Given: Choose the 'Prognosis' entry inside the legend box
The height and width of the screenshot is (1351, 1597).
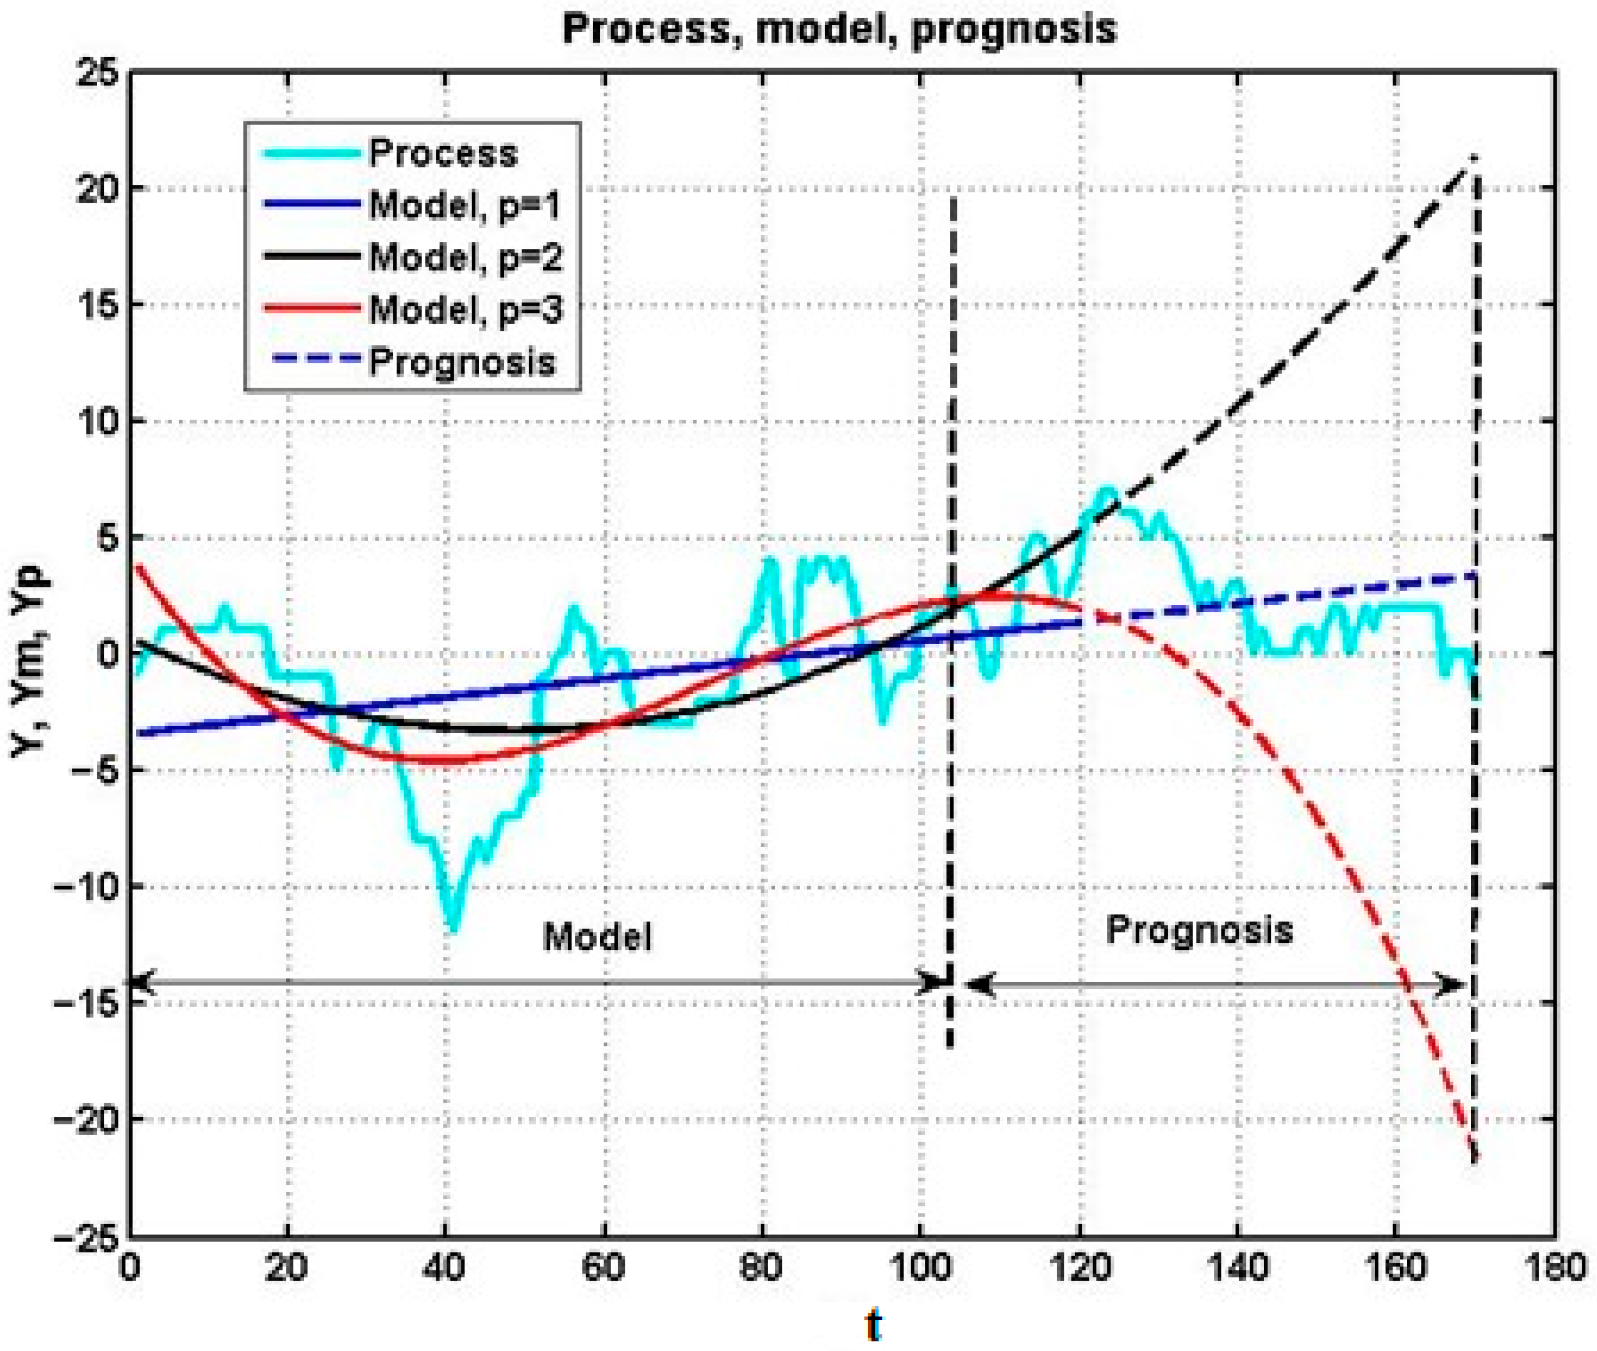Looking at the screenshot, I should (462, 361).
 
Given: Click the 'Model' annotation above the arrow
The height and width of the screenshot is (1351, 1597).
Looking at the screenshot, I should (597, 936).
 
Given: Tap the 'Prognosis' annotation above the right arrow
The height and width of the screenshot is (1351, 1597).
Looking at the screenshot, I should (1199, 930).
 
